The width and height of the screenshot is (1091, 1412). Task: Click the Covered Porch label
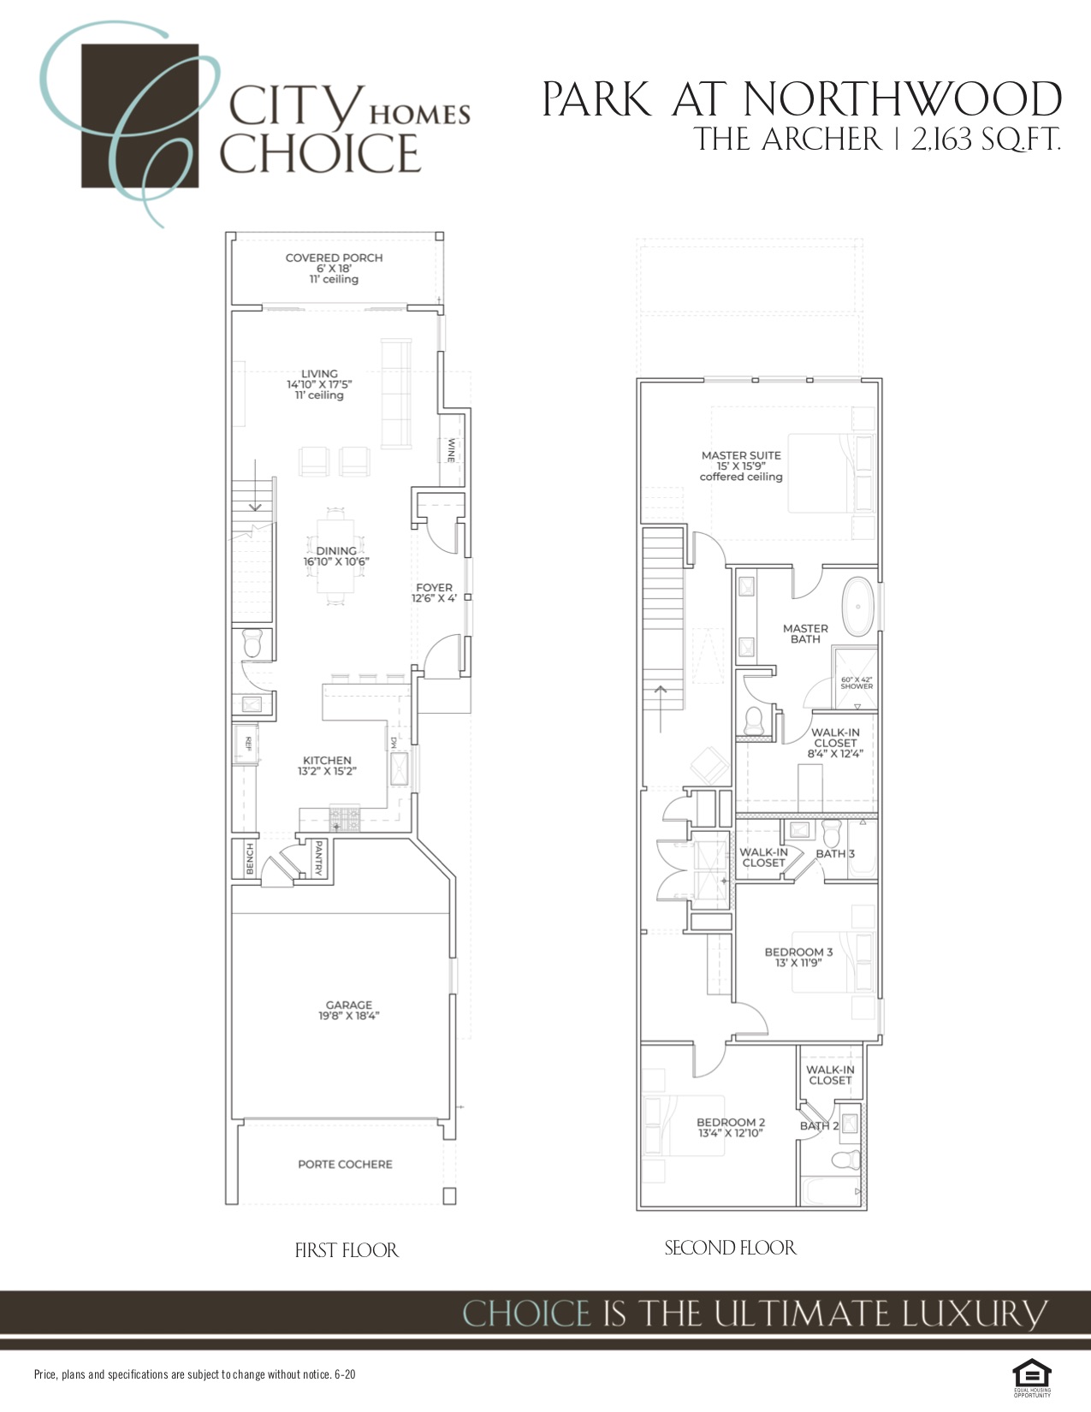334,258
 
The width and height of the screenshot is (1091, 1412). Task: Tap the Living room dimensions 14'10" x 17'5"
319,385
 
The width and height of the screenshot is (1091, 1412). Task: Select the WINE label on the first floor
451,450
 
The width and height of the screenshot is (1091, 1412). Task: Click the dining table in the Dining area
336,556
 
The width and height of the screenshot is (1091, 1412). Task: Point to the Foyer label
434,588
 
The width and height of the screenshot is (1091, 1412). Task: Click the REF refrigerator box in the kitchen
247,743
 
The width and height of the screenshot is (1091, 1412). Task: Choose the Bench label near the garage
250,859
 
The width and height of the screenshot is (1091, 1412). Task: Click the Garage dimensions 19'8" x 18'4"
348,1017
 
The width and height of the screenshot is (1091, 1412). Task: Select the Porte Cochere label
345,1165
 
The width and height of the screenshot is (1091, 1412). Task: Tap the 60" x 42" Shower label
857,683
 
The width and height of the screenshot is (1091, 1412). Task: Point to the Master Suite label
741,455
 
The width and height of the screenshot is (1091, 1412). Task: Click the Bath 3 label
834,854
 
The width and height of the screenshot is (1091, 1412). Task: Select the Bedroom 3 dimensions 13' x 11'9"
798,963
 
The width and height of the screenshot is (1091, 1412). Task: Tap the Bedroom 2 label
731,1122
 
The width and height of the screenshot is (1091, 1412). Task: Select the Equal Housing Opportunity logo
1032,1374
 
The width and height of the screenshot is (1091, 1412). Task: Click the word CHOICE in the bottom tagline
526,1314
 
